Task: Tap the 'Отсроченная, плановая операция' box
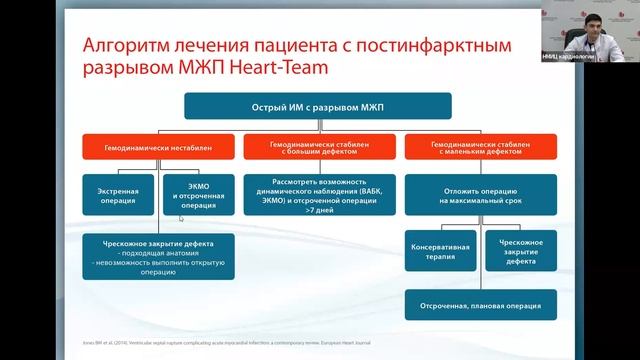(471, 303)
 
